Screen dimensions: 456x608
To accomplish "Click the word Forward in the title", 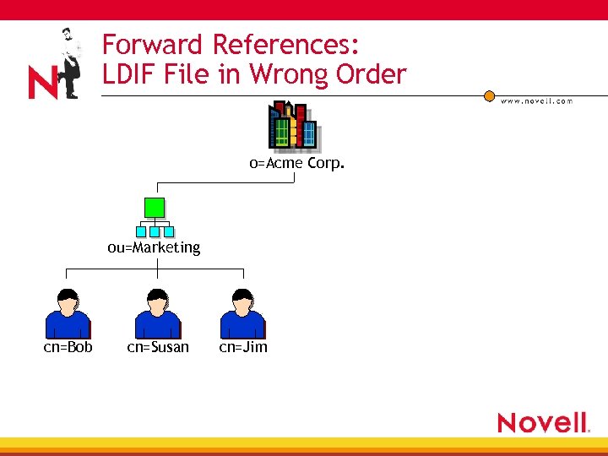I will (153, 44).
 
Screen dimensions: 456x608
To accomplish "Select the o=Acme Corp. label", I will (296, 163).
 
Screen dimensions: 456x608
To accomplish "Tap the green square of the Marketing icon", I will (154, 208).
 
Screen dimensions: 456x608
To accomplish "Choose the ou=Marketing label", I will (154, 247).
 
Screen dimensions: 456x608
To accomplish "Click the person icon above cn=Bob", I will (68, 313).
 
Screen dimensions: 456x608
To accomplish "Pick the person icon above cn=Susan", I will (158, 313).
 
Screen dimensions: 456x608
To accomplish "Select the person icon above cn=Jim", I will (243, 313).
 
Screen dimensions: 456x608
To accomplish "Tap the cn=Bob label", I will (68, 347).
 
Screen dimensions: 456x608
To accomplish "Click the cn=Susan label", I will (158, 347).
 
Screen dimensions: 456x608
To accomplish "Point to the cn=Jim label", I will (243, 347).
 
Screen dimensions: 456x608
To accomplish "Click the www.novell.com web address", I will (536, 100).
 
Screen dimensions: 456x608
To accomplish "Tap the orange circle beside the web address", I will (489, 96).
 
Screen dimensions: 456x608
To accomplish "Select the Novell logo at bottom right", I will (543, 422).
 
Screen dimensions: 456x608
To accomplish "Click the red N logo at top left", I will (42, 84).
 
